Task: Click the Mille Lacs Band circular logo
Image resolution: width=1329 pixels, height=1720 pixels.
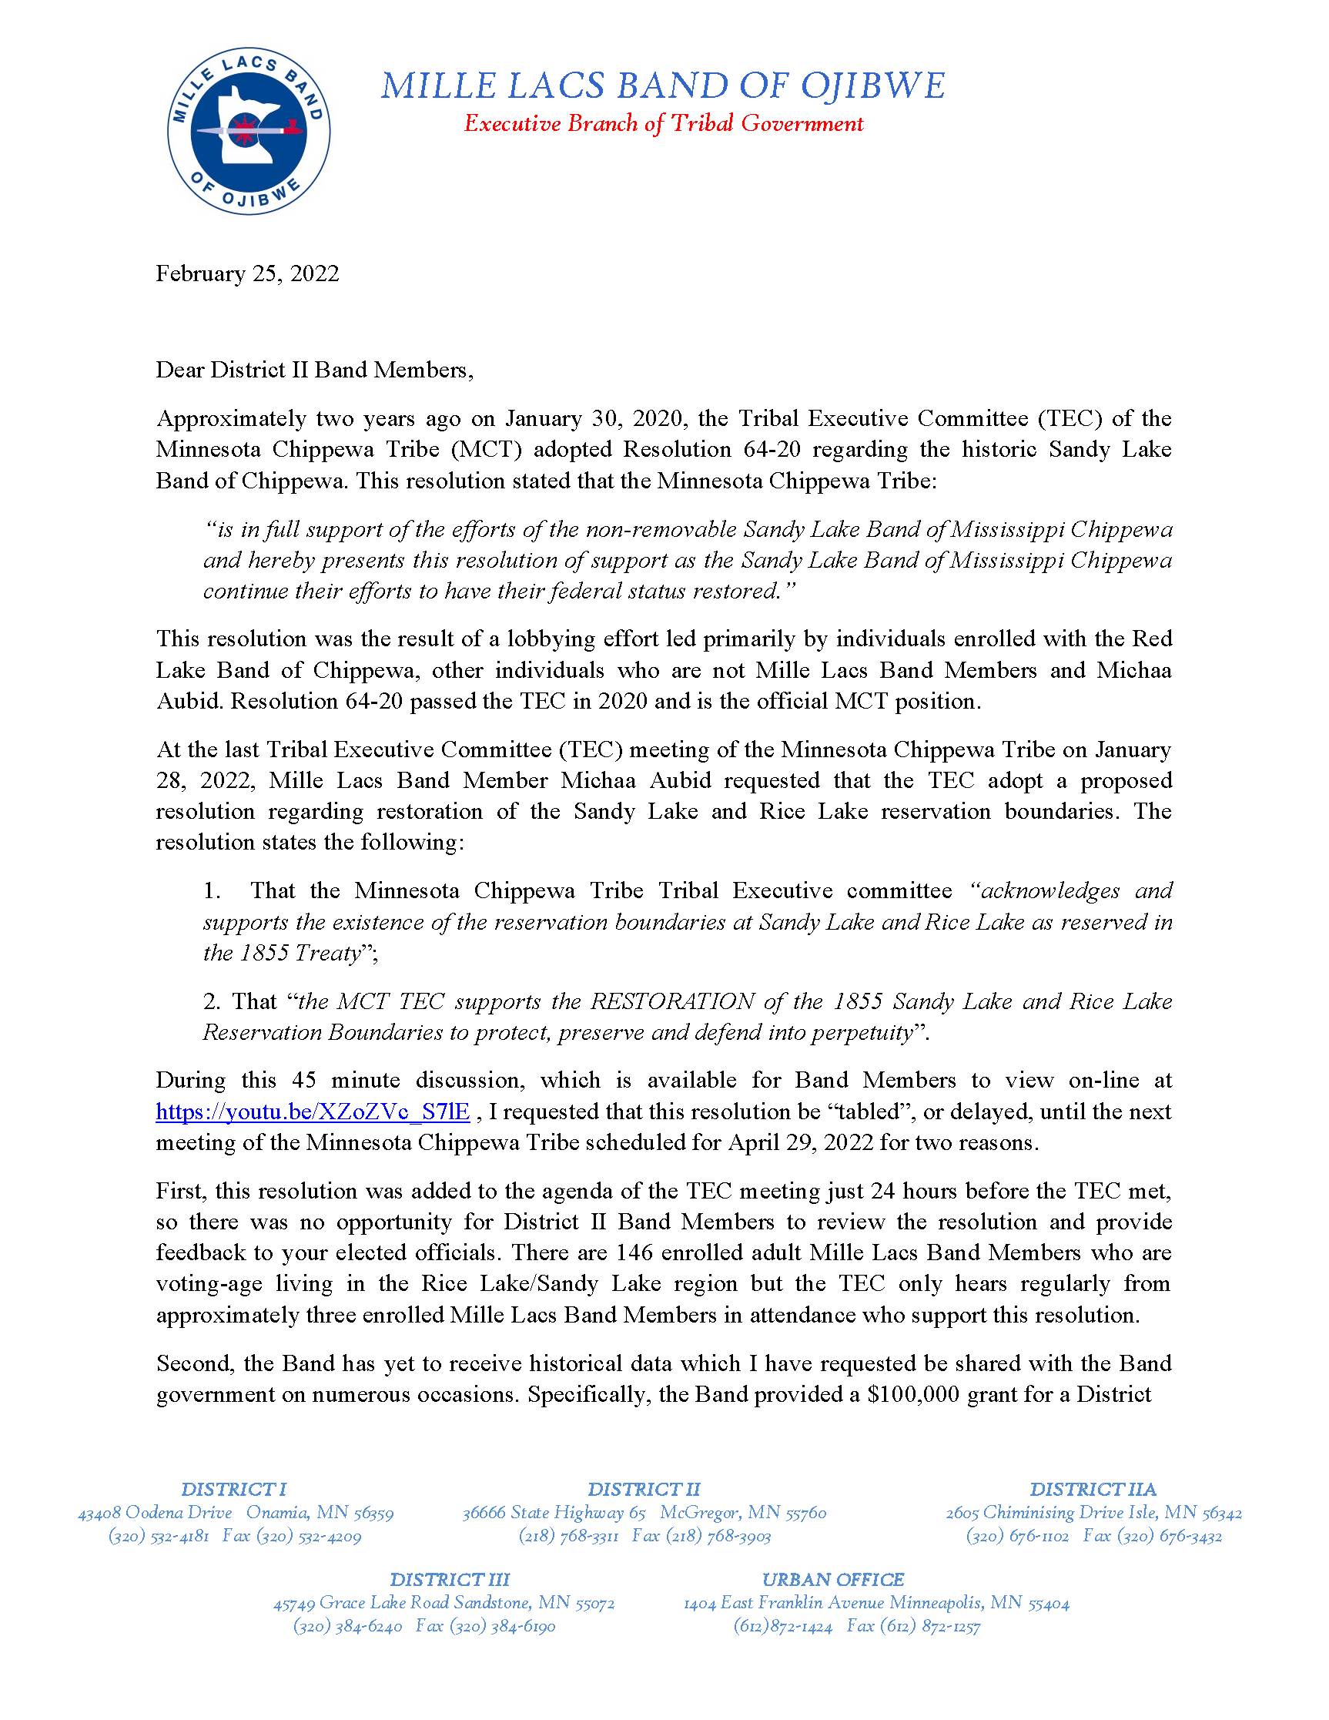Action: (249, 131)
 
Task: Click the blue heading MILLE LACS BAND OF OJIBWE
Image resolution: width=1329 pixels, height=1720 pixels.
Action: (663, 85)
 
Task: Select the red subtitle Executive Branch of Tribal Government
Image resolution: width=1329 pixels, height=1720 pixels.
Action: (663, 124)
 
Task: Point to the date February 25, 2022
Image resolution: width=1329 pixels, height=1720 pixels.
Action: (247, 273)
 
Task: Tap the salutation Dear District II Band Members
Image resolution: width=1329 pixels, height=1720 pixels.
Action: (314, 370)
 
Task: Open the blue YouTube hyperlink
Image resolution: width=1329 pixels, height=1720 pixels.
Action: (313, 1111)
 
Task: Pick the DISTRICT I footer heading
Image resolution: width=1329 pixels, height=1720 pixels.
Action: (234, 1489)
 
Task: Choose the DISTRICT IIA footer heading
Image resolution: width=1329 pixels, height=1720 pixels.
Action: (1093, 1489)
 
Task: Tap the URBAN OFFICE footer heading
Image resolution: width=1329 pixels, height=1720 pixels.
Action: (832, 1579)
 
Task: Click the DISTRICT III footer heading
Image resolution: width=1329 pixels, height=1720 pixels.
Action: (450, 1579)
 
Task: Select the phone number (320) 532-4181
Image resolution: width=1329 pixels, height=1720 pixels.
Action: (159, 1535)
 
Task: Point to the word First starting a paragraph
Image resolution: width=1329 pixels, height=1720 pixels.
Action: (180, 1190)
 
